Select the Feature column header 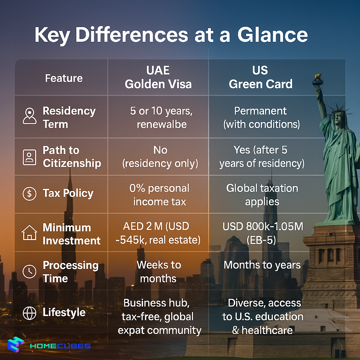tap(64, 78)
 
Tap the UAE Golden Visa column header tap(158, 77)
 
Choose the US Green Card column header tap(261, 77)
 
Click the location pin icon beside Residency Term tap(30, 116)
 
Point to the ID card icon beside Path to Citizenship tap(30, 157)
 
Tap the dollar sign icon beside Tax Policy tap(30, 194)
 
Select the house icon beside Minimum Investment tap(30, 233)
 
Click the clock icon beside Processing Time tap(30, 271)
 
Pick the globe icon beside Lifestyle tap(30, 313)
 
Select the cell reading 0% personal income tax tap(159, 195)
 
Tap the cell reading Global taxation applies tap(262, 195)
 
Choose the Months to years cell tap(262, 265)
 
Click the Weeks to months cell tap(159, 271)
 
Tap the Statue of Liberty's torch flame tap(318, 76)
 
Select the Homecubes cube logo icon tap(16, 345)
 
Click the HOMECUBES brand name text tap(60, 346)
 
